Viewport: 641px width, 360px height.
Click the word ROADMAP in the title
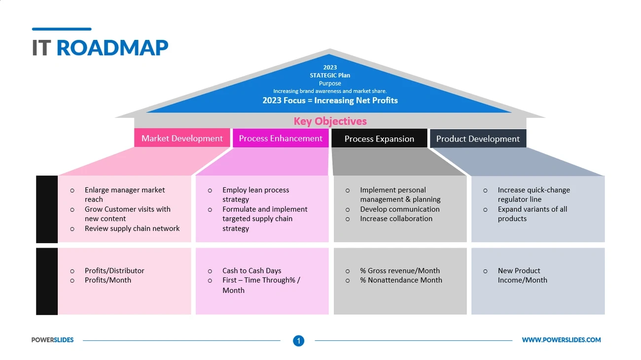[112, 48]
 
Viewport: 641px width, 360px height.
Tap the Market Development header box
[182, 139]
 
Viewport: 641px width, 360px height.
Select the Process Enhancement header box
[281, 139]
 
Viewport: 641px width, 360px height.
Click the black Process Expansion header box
[379, 139]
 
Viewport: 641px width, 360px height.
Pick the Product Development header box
[478, 139]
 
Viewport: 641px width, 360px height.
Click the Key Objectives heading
[330, 121]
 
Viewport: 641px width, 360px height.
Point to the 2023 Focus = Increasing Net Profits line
[330, 101]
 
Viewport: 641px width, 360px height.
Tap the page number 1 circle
[298, 340]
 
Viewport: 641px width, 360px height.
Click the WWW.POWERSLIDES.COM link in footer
[561, 340]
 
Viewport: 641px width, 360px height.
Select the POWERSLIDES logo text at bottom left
[52, 340]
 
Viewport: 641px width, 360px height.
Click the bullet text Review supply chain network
[132, 228]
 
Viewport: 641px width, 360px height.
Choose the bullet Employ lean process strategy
[255, 194]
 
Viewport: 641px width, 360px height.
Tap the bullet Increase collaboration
[396, 218]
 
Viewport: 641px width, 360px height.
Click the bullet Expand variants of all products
[532, 214]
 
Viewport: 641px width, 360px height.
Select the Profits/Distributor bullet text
[114, 270]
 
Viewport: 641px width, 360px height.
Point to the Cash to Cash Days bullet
[251, 270]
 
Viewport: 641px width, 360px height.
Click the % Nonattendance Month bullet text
[400, 280]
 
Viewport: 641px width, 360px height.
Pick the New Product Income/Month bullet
[522, 275]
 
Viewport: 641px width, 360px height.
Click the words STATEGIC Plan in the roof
[330, 75]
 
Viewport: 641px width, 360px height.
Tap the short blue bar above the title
[62, 29]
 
